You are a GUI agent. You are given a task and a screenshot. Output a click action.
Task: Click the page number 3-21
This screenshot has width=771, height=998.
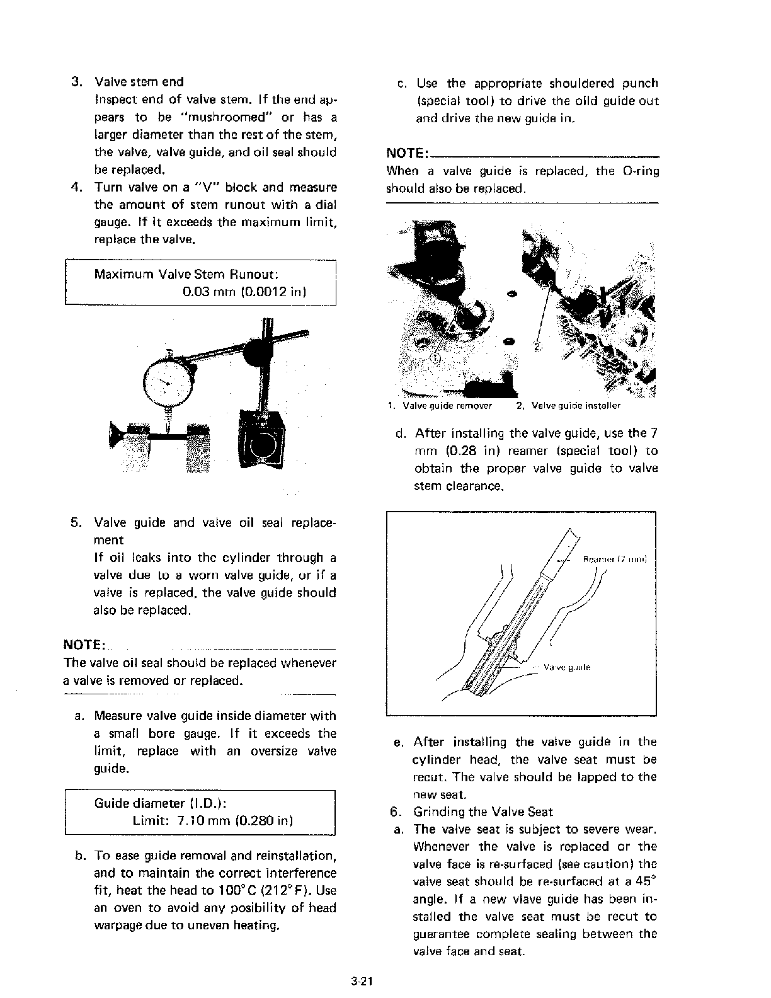tap(363, 981)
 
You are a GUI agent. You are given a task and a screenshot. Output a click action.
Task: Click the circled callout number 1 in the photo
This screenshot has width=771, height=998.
tap(435, 358)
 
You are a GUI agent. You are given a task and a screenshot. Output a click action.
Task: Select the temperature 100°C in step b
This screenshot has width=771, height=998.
tap(233, 891)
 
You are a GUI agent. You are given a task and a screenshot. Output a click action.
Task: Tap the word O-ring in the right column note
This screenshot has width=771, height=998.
tap(640, 171)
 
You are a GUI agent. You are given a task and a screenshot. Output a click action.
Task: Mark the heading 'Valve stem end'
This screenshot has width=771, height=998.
tap(139, 82)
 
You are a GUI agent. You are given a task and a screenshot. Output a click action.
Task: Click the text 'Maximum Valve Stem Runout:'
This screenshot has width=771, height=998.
tap(186, 275)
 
